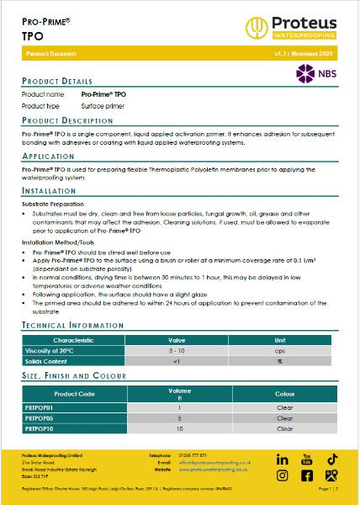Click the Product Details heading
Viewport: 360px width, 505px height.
(56, 81)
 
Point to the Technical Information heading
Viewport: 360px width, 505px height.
(73, 324)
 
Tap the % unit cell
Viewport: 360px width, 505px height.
(279, 361)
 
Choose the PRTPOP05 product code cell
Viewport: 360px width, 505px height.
(40, 417)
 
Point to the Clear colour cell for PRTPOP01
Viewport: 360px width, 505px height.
(284, 407)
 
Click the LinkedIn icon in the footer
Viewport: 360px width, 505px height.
(283, 460)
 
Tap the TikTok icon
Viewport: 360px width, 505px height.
(331, 459)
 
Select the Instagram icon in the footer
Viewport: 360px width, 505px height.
(283, 476)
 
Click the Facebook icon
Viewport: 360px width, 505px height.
(307, 476)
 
